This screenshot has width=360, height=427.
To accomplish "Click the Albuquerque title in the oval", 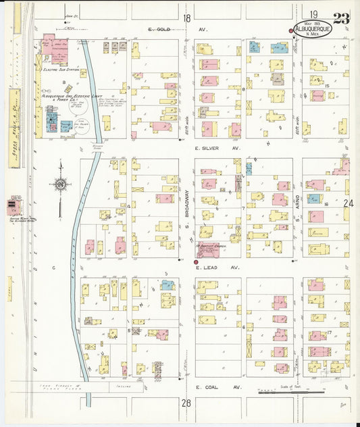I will coord(313,29).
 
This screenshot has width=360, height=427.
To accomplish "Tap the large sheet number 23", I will coord(341,18).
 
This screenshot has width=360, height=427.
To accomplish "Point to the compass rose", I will coord(61,183).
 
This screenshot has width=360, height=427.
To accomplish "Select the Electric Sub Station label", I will coord(59,70).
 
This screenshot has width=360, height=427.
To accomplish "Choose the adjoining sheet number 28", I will coord(186,403).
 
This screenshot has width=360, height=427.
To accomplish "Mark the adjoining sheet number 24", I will coord(348,203).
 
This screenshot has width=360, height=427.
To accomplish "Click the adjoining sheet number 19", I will coord(314,14).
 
